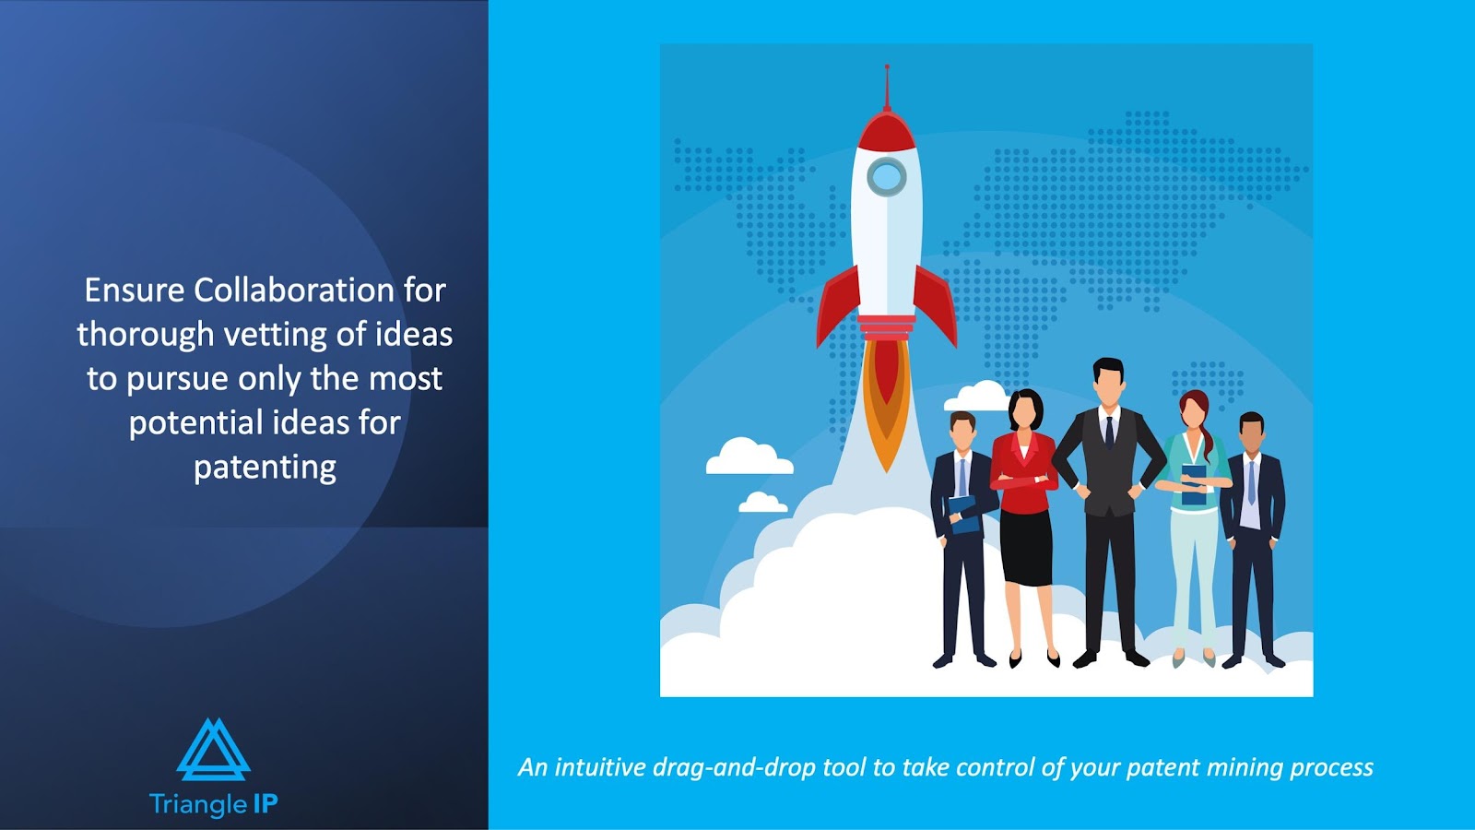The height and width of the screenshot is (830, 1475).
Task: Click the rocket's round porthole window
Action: tap(886, 176)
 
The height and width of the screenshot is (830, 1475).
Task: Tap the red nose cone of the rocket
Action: tap(886, 131)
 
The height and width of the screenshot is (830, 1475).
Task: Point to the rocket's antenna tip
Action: tap(887, 66)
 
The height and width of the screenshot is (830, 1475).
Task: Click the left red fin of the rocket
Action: tap(837, 305)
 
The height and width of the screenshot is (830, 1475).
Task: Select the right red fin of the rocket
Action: tap(936, 305)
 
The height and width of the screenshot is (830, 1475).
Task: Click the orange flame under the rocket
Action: tap(886, 403)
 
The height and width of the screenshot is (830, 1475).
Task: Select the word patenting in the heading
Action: tap(265, 468)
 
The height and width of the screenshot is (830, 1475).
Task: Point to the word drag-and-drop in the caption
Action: tap(734, 767)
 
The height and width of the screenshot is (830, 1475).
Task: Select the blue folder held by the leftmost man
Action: tap(964, 515)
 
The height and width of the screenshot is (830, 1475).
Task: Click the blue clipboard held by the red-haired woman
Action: tap(1194, 485)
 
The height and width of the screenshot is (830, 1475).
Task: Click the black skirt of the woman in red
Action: tap(1026, 547)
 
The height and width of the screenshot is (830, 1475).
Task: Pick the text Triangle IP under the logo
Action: tap(213, 804)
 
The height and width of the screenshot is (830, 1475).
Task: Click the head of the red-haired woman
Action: tap(1195, 409)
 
